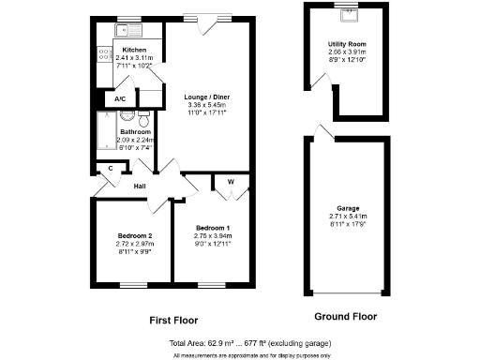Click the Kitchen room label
[134, 50]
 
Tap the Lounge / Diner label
[207, 97]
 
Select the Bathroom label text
[135, 132]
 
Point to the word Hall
[139, 186]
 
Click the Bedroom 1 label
[213, 228]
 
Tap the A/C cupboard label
[120, 98]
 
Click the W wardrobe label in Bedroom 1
[230, 181]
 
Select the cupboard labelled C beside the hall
[111, 169]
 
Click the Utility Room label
[346, 44]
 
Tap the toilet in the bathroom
[143, 120]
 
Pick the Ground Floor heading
[346, 315]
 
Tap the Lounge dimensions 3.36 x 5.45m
[207, 105]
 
